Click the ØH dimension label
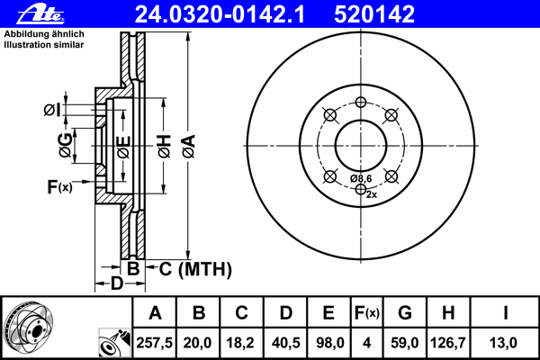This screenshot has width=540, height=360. (164, 144)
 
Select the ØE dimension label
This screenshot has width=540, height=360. (123, 144)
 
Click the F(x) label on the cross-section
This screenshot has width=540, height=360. (58, 186)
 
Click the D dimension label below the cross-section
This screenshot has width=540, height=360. (116, 284)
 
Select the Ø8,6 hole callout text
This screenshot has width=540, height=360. (361, 178)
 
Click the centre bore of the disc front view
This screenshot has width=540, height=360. (360, 144)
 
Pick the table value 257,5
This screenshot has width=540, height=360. (155, 341)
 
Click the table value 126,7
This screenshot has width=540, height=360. (448, 341)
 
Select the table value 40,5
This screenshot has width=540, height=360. (285, 341)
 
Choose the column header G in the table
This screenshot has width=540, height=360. (404, 313)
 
